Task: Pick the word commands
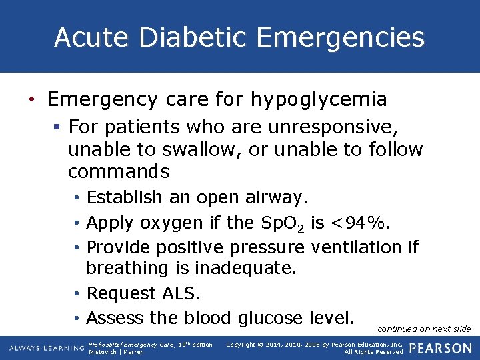(119, 171)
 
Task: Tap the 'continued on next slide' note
(424, 329)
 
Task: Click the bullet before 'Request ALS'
(79, 294)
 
